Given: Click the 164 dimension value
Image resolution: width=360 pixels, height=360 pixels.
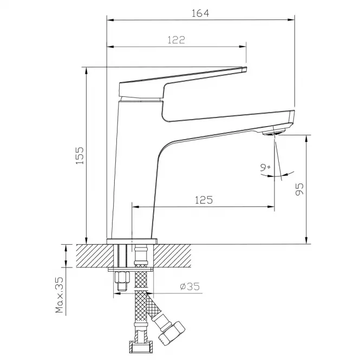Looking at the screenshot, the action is (x=200, y=13).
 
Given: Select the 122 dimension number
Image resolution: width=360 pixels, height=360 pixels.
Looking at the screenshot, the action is (x=176, y=40).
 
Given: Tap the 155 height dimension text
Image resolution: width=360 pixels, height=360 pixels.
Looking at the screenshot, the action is (x=80, y=155).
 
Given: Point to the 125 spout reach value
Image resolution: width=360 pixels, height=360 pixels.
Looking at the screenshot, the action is (x=204, y=200).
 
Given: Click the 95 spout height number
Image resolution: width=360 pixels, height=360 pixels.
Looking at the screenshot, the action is (x=299, y=189).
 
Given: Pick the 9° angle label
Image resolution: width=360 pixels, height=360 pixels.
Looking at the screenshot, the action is (x=265, y=167).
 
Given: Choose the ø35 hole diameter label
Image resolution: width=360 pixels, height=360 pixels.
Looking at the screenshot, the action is (x=190, y=286).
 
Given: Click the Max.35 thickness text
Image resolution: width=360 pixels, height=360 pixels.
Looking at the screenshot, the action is (x=59, y=295).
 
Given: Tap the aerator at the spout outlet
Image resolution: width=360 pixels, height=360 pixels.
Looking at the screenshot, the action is (x=273, y=133).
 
